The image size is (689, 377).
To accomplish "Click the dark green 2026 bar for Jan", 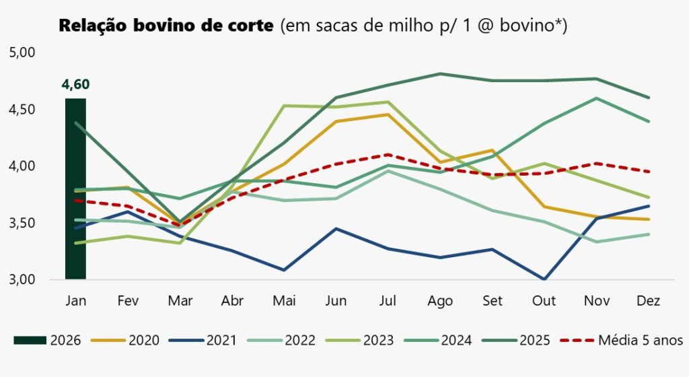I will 75,188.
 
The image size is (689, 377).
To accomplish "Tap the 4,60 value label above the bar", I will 75,85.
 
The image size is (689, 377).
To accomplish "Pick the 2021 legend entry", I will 205,340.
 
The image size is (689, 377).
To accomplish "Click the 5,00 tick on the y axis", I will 24,53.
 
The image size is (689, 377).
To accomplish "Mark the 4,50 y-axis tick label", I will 24,109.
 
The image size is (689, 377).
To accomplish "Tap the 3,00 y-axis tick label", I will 24,279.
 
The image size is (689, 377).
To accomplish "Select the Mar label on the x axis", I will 180,300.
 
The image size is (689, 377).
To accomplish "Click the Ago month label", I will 440,300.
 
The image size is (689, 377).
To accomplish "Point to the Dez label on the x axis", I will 648,300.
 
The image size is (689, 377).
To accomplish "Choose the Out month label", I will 544,300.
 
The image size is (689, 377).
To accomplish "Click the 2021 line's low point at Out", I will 544,279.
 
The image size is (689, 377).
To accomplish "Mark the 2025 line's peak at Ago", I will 440,73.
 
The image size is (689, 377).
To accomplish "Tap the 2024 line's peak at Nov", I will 596,98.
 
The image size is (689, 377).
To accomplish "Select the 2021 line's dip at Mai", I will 284,270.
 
